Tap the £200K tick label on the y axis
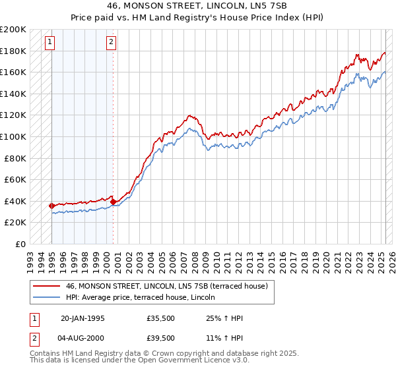click(13, 30)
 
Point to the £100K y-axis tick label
click(13, 136)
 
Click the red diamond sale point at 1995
click(51, 206)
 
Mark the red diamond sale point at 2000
click(113, 202)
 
